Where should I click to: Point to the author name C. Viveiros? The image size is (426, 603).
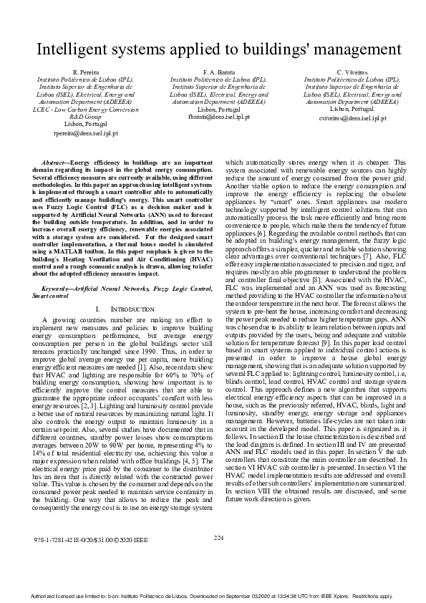point(352,73)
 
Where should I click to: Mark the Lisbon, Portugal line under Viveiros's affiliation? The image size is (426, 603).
point(352,109)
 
